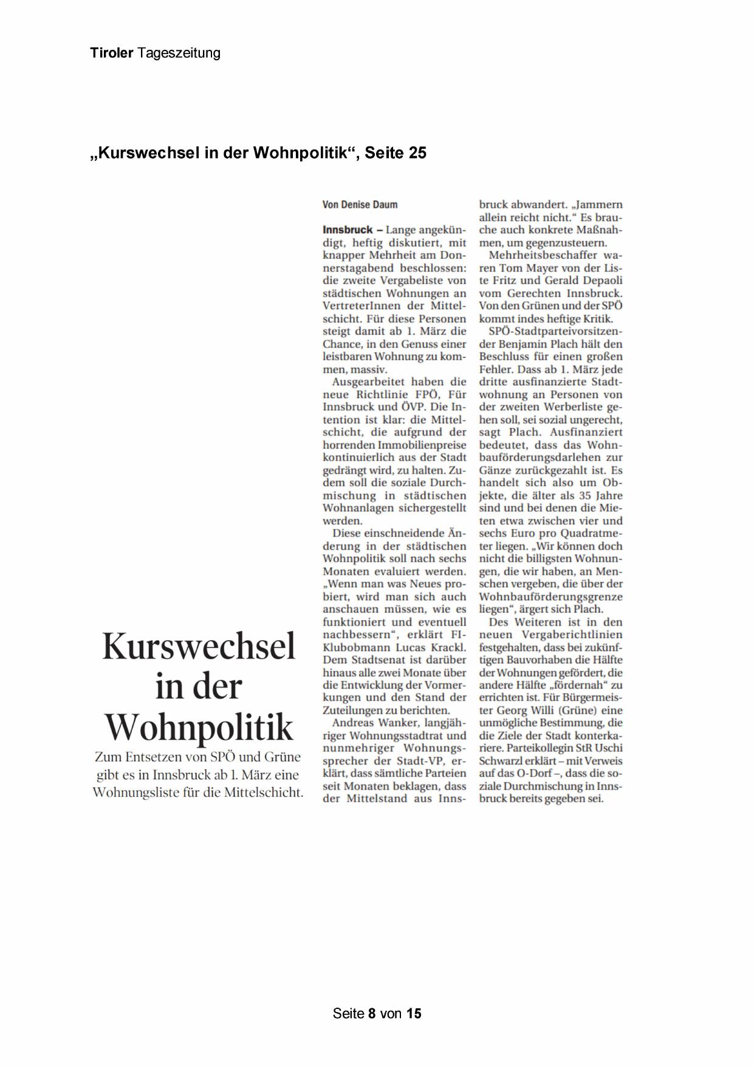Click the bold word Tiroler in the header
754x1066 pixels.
(x=112, y=53)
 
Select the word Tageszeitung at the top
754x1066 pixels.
(x=179, y=53)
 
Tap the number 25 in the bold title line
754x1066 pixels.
(x=417, y=152)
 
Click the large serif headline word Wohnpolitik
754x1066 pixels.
(x=199, y=727)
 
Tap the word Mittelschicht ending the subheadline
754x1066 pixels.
(x=263, y=792)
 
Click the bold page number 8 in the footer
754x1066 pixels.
(x=372, y=1013)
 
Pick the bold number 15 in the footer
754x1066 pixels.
(x=414, y=1013)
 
